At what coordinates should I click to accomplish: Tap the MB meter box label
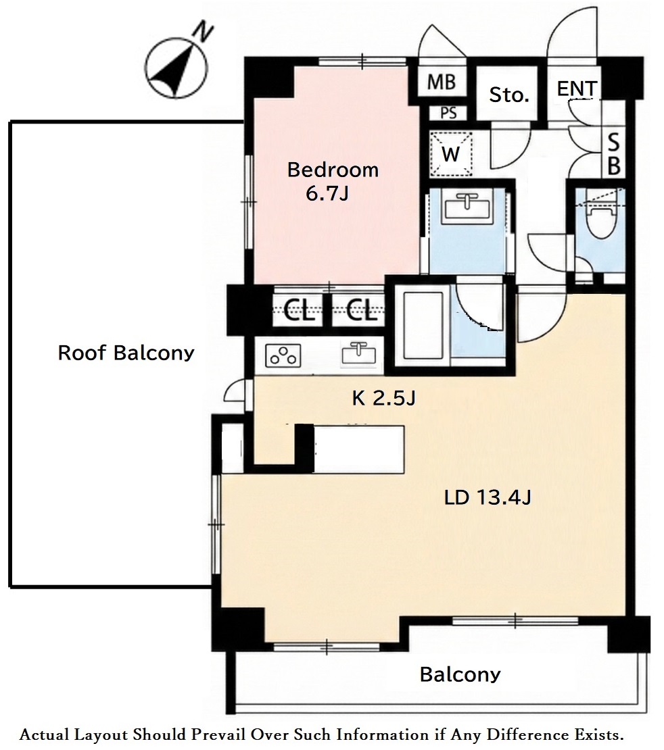[441, 82]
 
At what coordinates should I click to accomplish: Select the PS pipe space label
[448, 113]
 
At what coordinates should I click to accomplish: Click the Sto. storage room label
[508, 95]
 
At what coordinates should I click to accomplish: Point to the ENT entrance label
[577, 89]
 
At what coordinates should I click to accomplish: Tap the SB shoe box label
[614, 155]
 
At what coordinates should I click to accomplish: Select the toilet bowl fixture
[602, 222]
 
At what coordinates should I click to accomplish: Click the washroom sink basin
[467, 207]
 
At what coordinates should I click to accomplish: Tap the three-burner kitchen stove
[283, 355]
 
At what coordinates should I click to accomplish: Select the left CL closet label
[299, 311]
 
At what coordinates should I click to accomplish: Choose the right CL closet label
[362, 311]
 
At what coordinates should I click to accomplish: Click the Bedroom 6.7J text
[332, 181]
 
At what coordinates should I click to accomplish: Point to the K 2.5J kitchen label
[383, 398]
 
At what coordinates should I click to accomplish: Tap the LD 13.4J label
[488, 498]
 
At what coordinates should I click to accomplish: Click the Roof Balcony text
[126, 353]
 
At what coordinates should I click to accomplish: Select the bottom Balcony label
[460, 674]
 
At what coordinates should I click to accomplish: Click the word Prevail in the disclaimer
[222, 734]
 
